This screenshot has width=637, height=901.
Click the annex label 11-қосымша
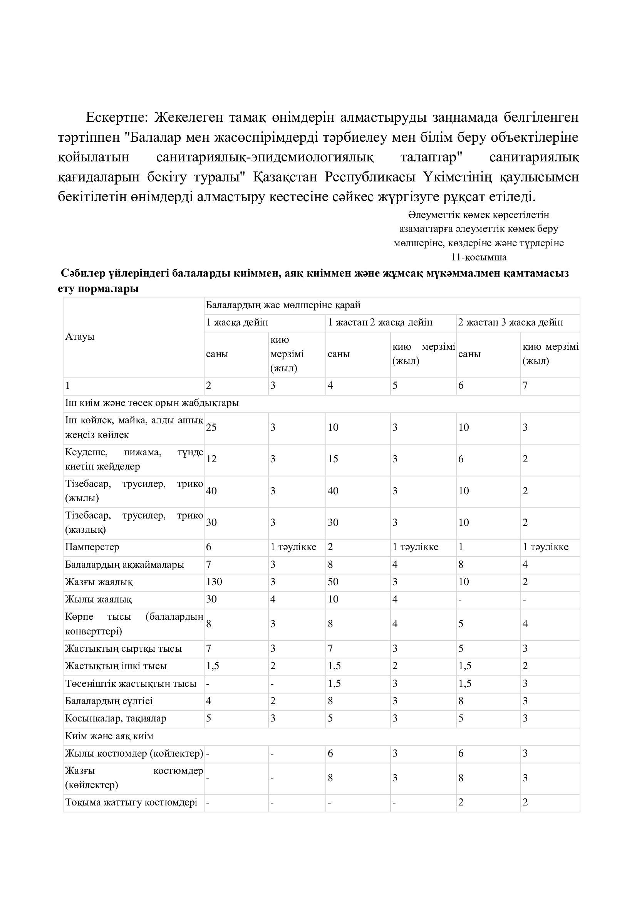tap(479, 257)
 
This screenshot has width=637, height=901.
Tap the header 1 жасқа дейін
tap(237, 322)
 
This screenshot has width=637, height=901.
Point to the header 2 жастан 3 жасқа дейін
tap(510, 322)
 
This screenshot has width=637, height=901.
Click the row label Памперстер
tap(92, 547)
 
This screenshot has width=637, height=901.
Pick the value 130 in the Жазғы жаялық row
tap(214, 582)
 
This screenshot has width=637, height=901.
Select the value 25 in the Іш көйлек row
tap(211, 427)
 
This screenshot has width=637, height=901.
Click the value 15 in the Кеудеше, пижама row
tap(333, 459)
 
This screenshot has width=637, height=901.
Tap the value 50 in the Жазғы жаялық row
tap(333, 582)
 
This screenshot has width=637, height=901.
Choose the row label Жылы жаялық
tap(99, 599)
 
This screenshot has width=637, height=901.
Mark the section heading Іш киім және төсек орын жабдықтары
tap(152, 403)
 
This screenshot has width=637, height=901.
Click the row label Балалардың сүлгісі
tap(109, 701)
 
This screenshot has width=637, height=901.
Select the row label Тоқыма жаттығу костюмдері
tap(131, 802)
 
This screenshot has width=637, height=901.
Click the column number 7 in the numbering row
tap(525, 386)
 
